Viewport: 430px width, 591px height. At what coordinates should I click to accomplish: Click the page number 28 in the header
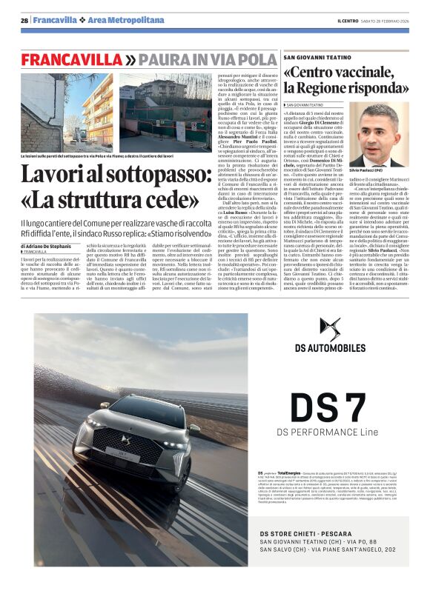click(24, 20)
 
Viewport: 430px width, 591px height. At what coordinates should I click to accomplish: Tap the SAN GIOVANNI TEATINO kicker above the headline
click(319, 57)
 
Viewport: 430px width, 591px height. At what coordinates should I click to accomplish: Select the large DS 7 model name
click(337, 407)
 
